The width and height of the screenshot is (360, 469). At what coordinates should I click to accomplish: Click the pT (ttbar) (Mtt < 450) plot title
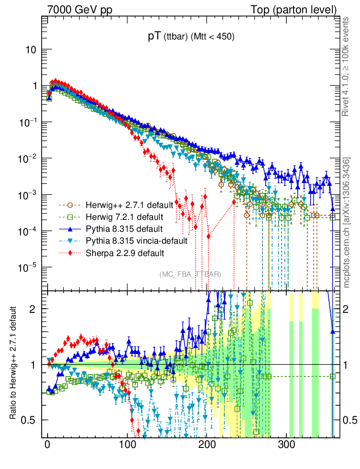pos(191,38)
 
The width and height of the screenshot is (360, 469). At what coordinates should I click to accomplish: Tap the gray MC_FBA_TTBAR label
pos(191,274)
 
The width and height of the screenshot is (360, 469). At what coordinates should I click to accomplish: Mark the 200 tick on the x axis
pos(207,445)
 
